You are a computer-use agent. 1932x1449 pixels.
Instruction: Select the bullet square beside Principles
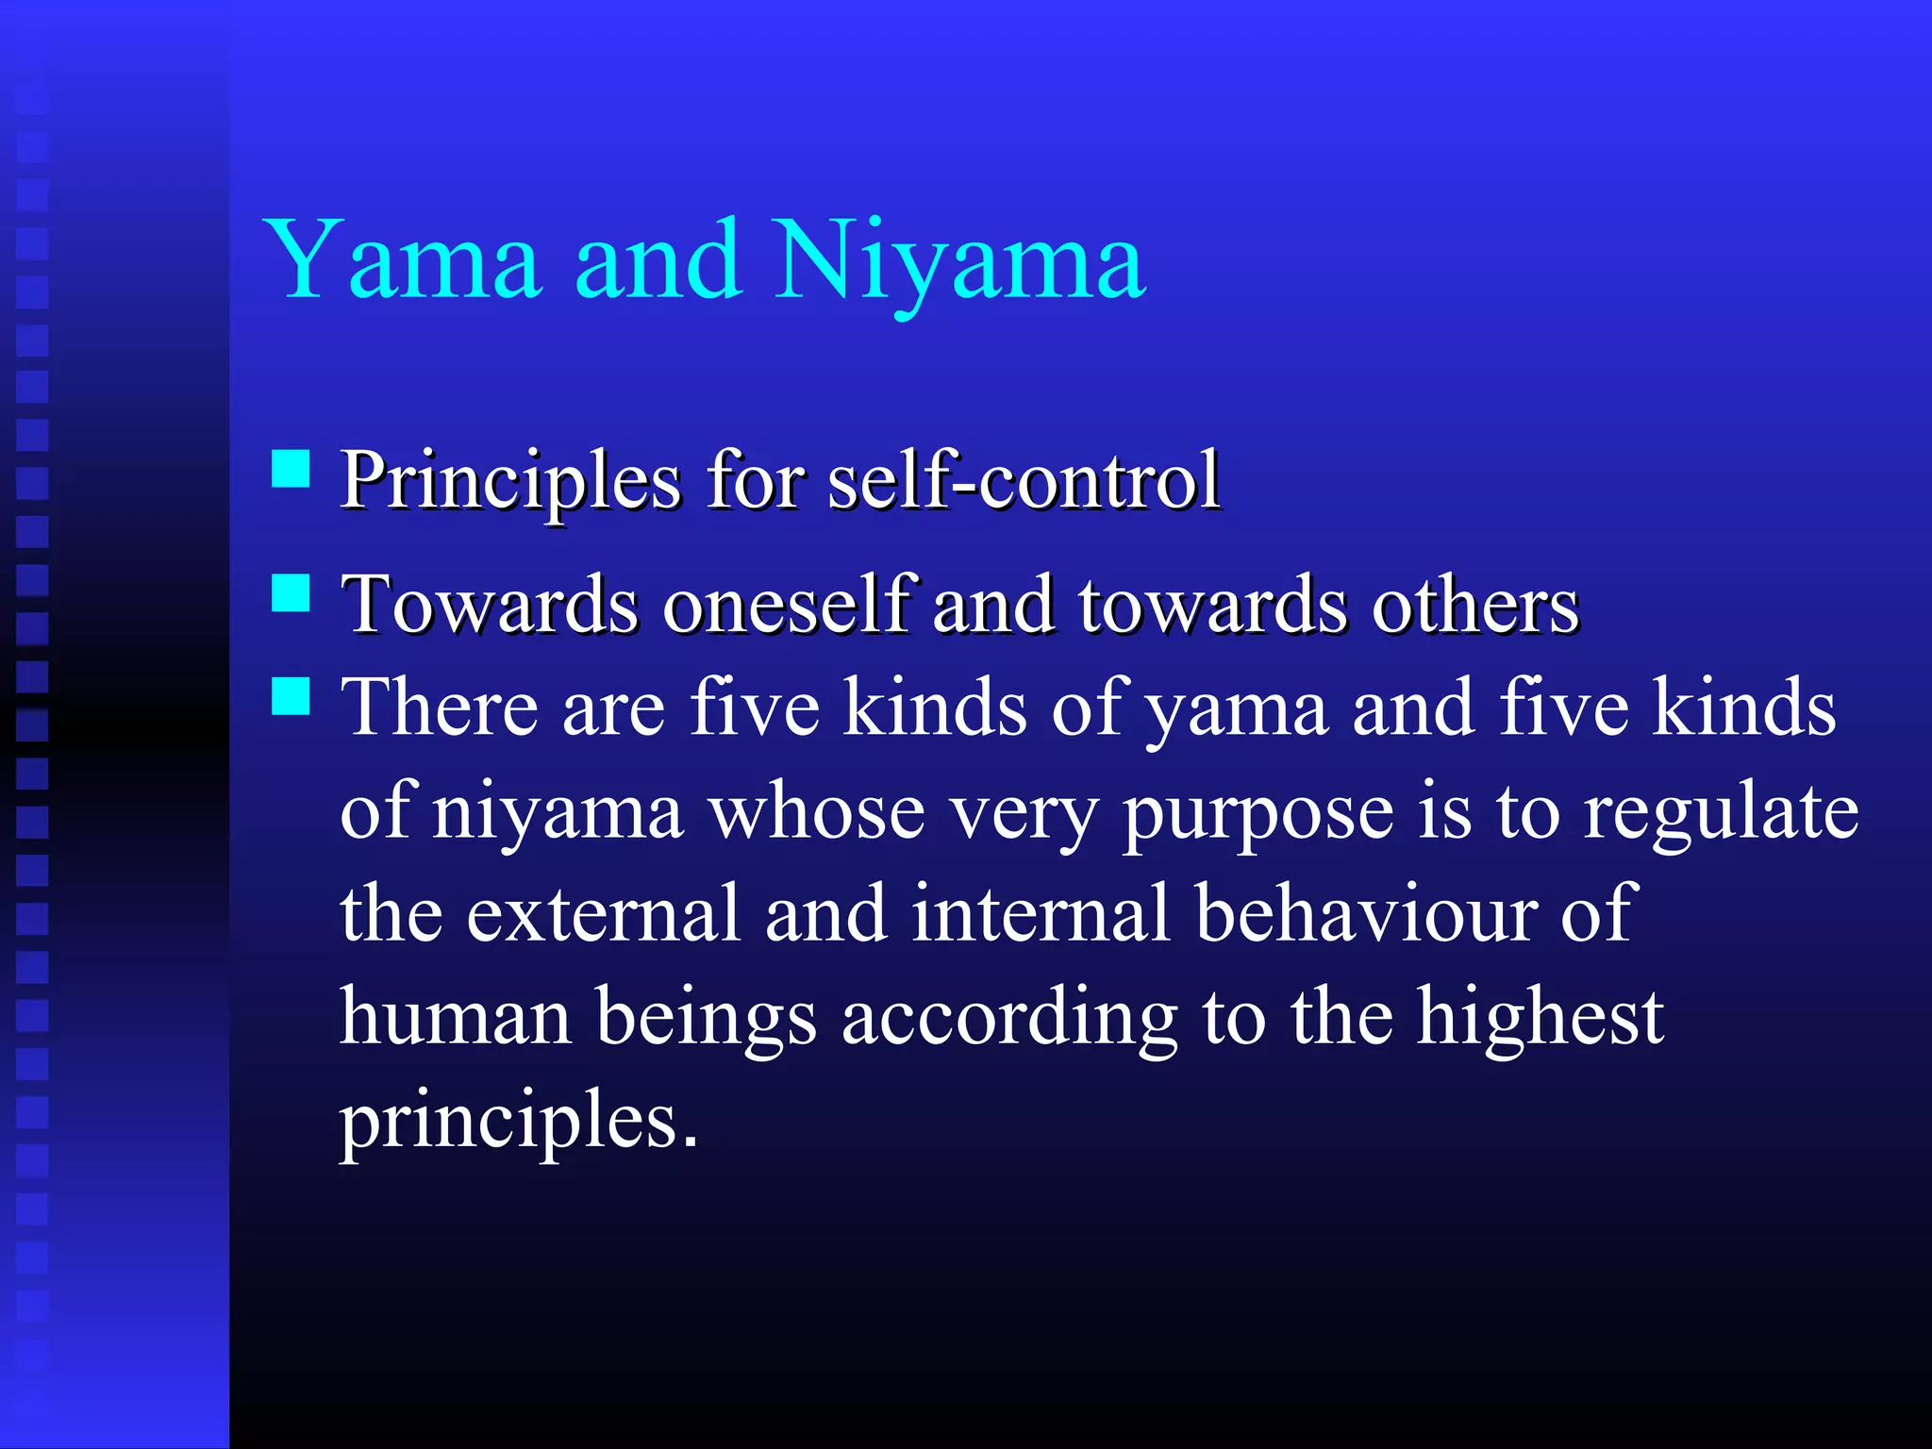click(x=291, y=468)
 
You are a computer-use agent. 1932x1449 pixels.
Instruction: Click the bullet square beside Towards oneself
click(x=291, y=593)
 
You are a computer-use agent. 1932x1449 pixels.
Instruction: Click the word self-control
click(x=1024, y=481)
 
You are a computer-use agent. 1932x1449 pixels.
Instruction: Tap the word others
click(x=1474, y=606)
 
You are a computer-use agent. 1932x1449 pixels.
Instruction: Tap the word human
click(x=456, y=1019)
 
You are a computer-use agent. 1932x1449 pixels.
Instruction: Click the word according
click(x=1008, y=1019)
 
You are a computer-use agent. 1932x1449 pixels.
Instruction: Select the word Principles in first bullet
click(x=510, y=481)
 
